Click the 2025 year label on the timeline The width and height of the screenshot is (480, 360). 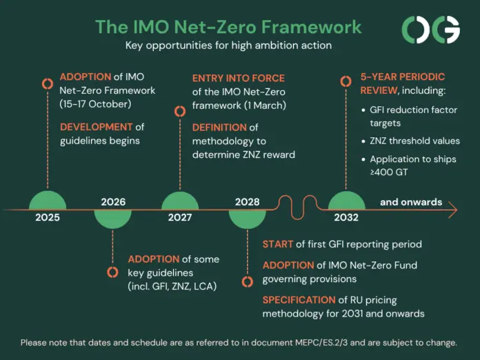(48, 217)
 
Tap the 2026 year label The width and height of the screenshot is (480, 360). (113, 202)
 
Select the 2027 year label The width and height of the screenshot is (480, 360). (180, 217)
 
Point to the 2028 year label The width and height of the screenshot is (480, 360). (248, 202)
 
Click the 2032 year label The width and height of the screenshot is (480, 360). (346, 217)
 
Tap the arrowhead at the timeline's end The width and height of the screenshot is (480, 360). (453, 210)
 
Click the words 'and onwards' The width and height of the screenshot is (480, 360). (411, 202)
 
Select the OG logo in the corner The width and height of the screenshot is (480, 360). (431, 30)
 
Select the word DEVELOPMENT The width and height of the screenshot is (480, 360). (96, 127)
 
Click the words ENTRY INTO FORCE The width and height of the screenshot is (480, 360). (239, 78)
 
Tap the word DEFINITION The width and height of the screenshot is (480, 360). (219, 128)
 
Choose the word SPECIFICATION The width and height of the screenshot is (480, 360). (299, 300)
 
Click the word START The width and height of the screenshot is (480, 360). (278, 244)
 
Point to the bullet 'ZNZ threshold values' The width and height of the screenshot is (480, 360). (414, 141)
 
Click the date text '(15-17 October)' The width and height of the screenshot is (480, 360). (95, 104)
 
